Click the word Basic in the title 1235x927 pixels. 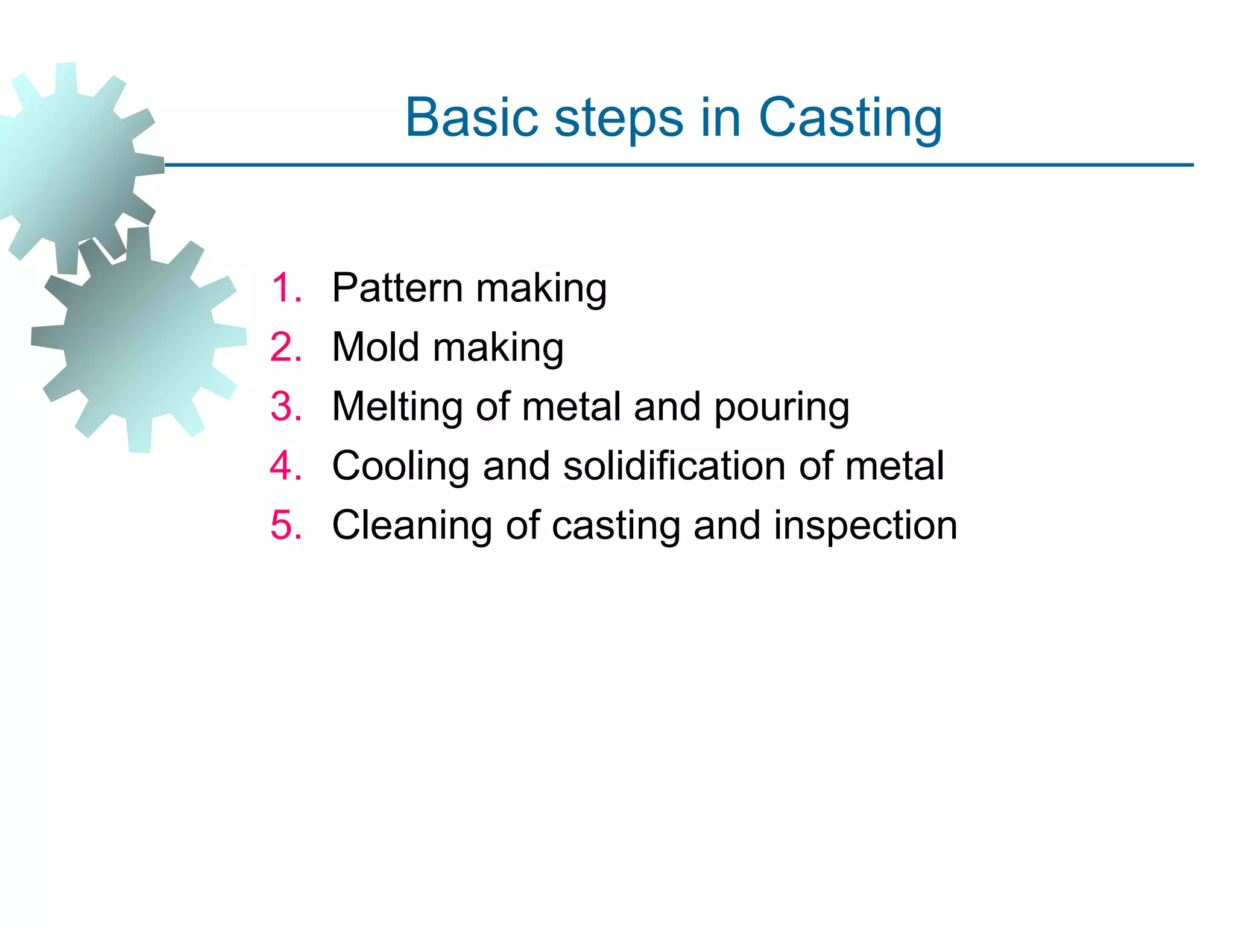point(471,118)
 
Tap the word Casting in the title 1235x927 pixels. point(850,118)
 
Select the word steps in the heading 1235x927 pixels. point(619,118)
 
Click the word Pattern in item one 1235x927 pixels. point(397,287)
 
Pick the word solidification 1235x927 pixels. point(674,466)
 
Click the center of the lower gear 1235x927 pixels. point(139,340)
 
